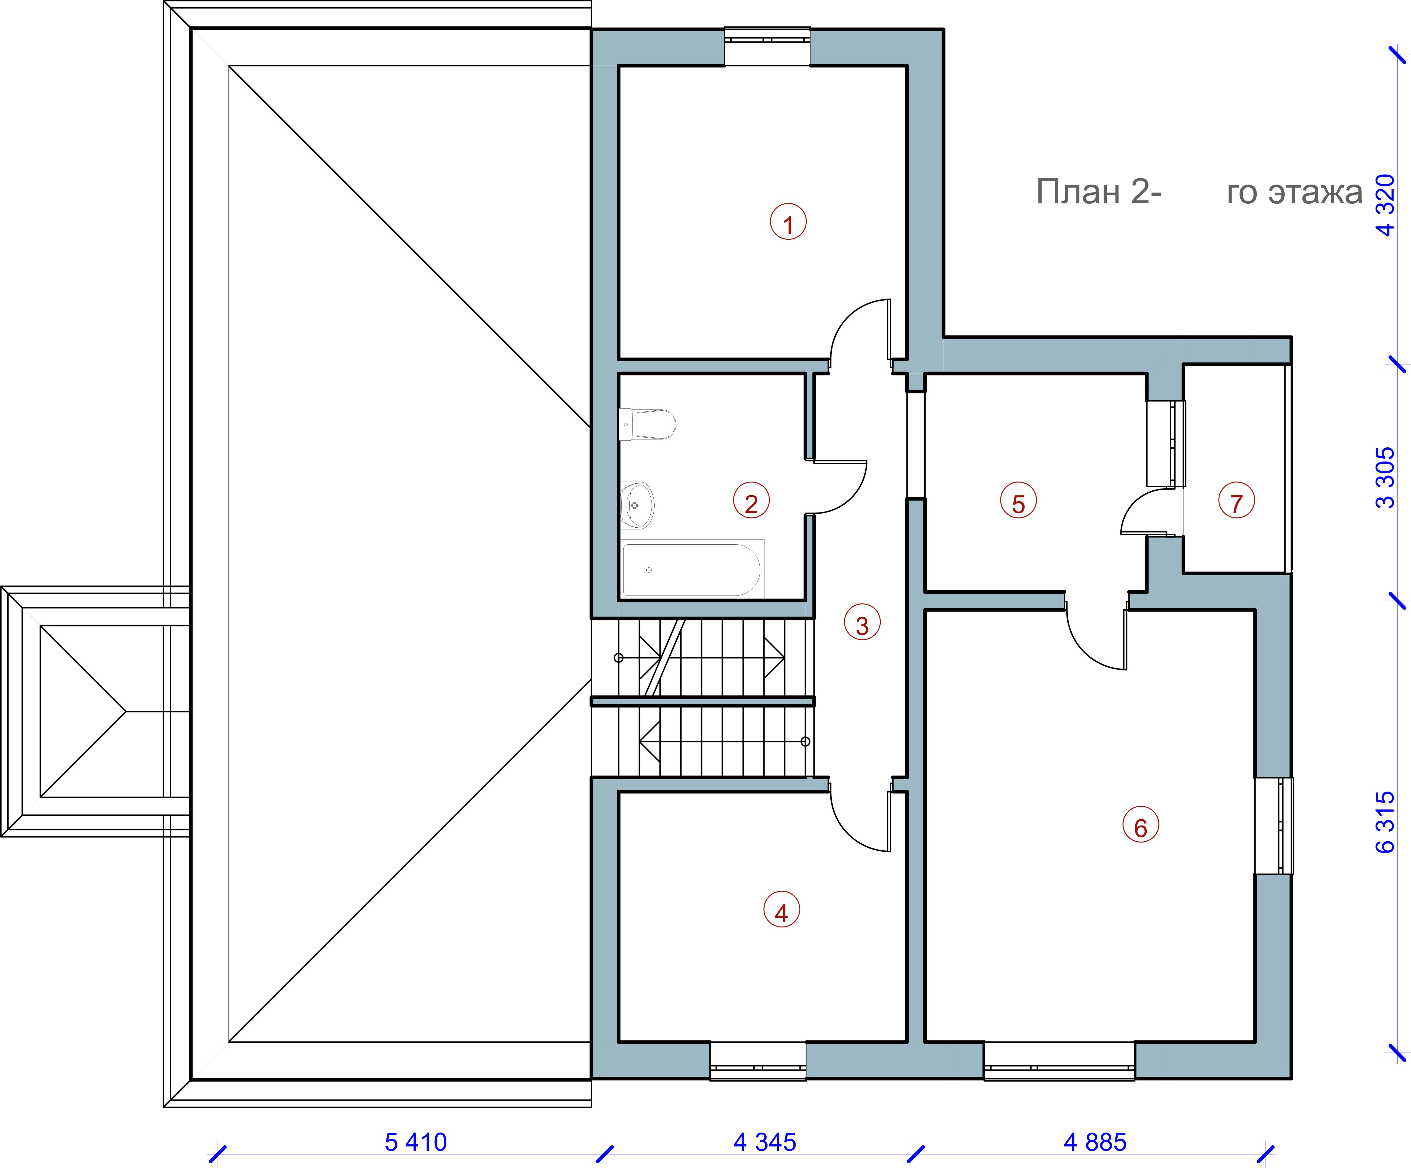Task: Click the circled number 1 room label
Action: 788,222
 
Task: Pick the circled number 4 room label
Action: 782,910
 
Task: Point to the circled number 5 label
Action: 1019,501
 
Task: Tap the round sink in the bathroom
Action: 636,505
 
